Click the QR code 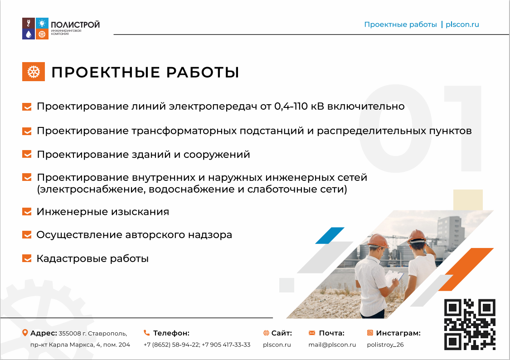[x=470, y=324]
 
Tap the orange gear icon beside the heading [x=34, y=72]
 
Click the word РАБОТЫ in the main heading [x=203, y=72]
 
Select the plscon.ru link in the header [x=462, y=24]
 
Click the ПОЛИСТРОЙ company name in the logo [x=75, y=25]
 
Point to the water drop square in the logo [x=29, y=34]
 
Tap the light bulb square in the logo [x=42, y=23]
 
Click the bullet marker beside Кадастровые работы [x=27, y=258]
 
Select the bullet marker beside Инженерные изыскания [x=27, y=212]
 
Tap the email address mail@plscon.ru [x=332, y=345]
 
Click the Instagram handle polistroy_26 [x=385, y=345]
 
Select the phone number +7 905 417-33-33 [x=226, y=345]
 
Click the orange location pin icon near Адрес [x=25, y=333]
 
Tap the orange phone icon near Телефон [x=147, y=333]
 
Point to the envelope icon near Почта [x=312, y=333]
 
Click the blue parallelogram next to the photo [x=330, y=235]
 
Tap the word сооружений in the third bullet [x=217, y=155]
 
